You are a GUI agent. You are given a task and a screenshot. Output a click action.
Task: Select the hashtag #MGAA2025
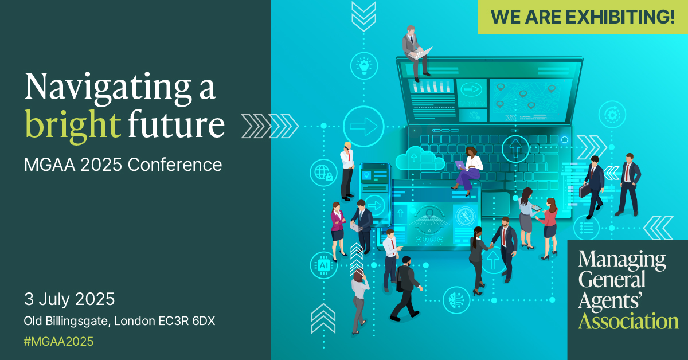(x=58, y=342)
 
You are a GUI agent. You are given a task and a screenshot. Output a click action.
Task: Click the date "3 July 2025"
(x=69, y=299)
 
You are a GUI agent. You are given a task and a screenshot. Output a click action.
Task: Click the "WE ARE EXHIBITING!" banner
(x=583, y=17)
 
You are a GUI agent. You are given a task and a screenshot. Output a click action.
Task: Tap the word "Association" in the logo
(x=628, y=320)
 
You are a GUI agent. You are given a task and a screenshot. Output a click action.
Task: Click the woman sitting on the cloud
(x=469, y=166)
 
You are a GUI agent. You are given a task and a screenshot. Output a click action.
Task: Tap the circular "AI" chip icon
(x=323, y=265)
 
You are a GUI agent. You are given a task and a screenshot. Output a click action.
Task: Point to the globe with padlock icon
(x=323, y=171)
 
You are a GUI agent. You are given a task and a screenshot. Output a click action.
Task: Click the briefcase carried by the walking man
(x=584, y=190)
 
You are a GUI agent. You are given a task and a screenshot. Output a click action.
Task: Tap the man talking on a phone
(x=347, y=169)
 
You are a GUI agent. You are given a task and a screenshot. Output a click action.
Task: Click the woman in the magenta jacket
(x=337, y=226)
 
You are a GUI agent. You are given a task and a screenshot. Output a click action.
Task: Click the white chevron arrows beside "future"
(x=269, y=126)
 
